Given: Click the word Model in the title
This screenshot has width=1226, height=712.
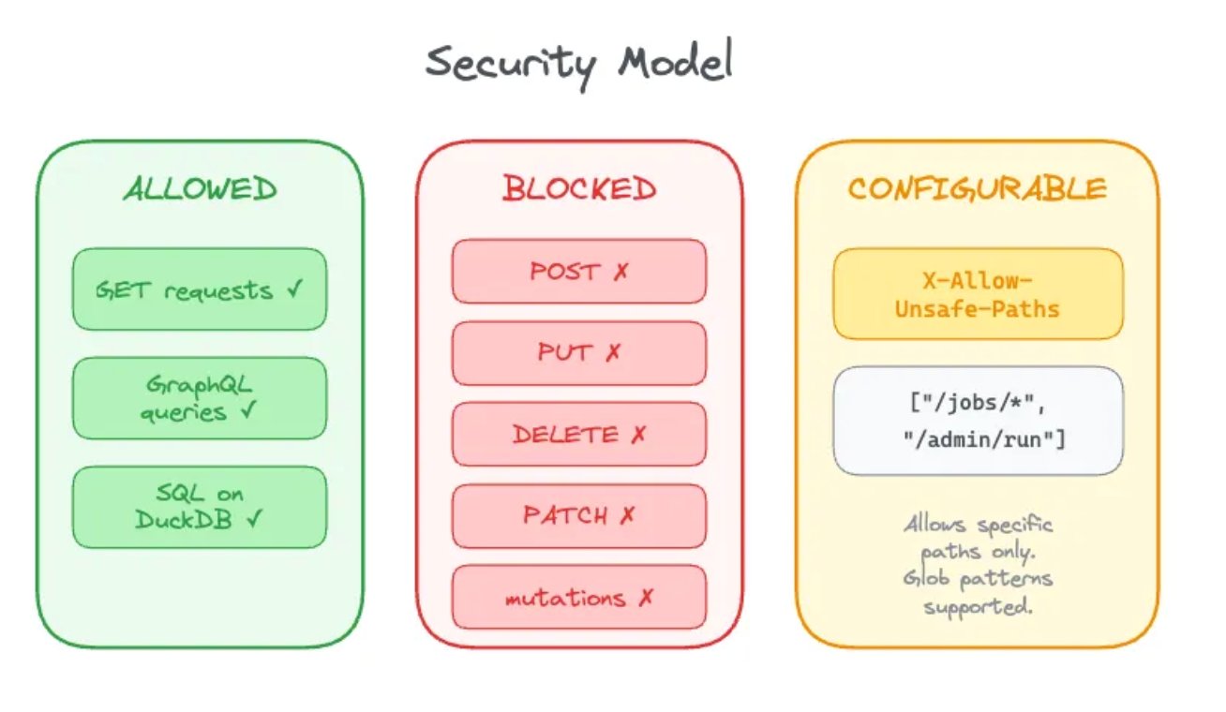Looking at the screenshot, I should pyautogui.click(x=674, y=63).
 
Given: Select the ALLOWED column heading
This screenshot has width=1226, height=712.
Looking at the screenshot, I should pyautogui.click(x=200, y=189).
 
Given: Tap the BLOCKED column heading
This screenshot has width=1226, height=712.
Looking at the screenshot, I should pyautogui.click(x=578, y=189).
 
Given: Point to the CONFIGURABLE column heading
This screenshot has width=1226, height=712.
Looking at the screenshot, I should pyautogui.click(x=977, y=189).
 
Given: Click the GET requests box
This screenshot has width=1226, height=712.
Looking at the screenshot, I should pyautogui.click(x=200, y=289).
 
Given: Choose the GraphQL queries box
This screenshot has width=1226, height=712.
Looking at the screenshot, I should pyautogui.click(x=200, y=398).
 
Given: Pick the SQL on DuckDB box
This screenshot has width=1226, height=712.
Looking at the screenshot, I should pyautogui.click(x=200, y=507).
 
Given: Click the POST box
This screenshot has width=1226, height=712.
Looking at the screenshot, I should pyautogui.click(x=578, y=272).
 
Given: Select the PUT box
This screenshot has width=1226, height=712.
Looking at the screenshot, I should pyautogui.click(x=578, y=353).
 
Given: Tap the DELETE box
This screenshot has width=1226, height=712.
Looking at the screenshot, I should pyautogui.click(x=578, y=435).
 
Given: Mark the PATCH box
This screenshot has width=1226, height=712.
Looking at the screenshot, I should pyautogui.click(x=578, y=515).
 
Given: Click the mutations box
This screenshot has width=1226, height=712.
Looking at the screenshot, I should pyautogui.click(x=578, y=597).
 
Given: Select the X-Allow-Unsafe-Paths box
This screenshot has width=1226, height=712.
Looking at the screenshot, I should pyautogui.click(x=977, y=293).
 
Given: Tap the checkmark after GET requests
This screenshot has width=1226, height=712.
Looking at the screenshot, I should pyautogui.click(x=294, y=289).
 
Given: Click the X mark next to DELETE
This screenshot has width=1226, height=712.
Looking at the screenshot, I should pyautogui.click(x=638, y=435).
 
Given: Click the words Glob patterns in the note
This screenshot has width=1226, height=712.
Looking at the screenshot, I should pyautogui.click(x=978, y=578).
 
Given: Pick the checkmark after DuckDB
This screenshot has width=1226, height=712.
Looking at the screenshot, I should pyautogui.click(x=252, y=520).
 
